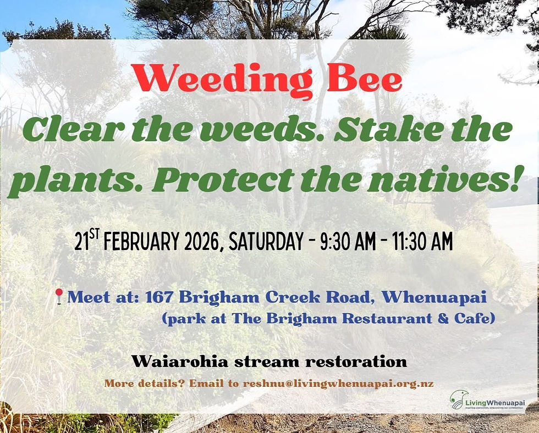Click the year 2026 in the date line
pos(199,242)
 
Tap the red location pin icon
pos(59,297)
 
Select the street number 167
pos(159,297)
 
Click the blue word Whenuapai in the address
pos(435,297)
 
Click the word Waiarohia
pos(182,362)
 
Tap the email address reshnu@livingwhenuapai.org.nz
pos(338,384)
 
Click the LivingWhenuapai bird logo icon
pos(458,399)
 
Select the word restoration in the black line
pos(354,362)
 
